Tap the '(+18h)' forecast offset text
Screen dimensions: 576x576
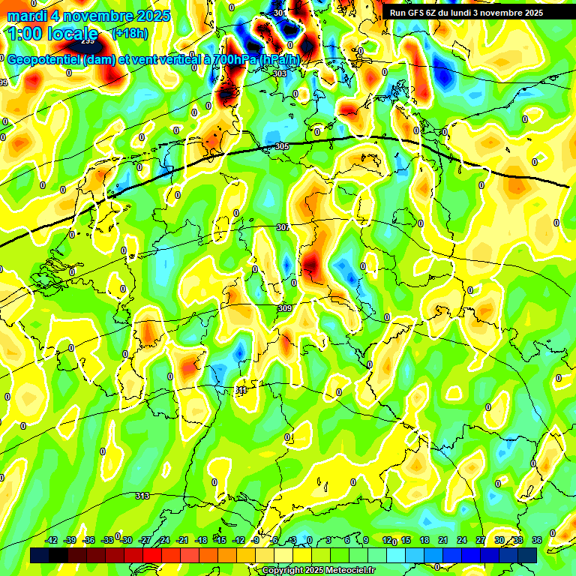129,33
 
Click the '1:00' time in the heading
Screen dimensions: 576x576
25,34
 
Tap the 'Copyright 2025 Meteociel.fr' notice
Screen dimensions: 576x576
319,571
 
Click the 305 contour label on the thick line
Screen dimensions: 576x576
282,146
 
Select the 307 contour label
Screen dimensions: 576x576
283,227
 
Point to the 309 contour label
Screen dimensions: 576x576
284,308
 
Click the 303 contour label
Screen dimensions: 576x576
280,73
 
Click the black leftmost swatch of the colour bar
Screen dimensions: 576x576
40,554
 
